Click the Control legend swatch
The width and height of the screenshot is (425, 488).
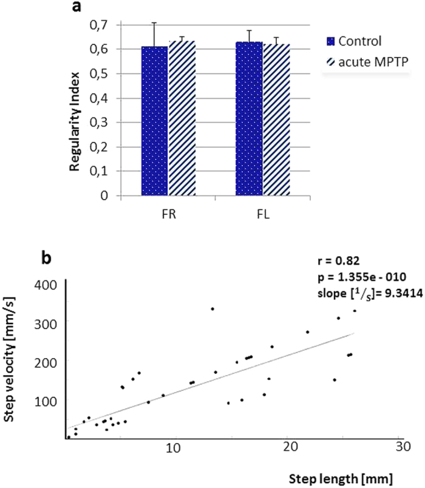pyautogui.click(x=331, y=42)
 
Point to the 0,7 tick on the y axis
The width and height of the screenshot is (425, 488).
pyautogui.click(x=103, y=25)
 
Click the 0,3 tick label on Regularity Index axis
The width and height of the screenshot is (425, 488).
pyautogui.click(x=103, y=123)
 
